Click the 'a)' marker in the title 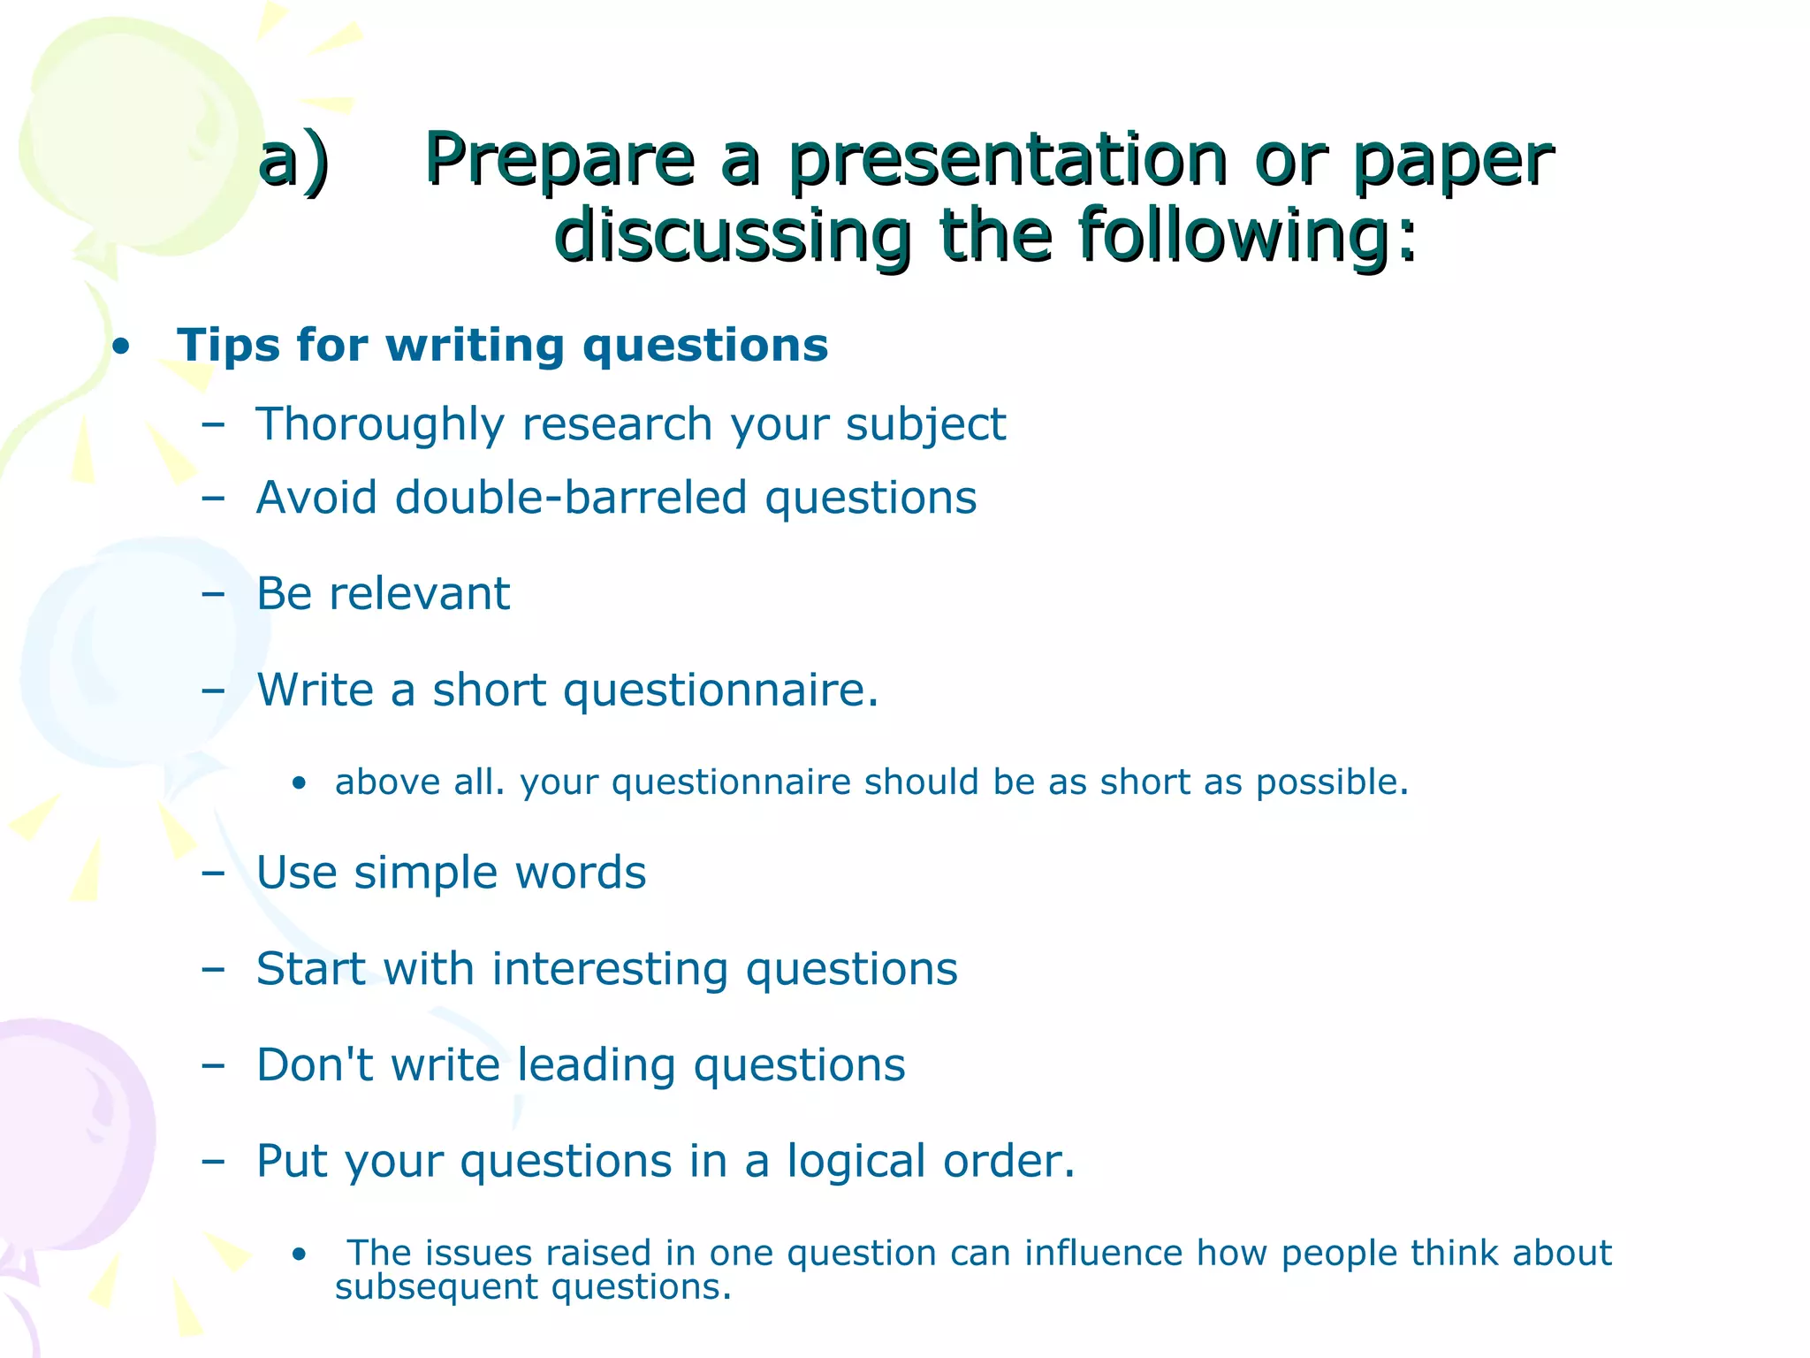(293, 161)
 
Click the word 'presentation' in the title (1008, 161)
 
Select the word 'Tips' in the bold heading (227, 345)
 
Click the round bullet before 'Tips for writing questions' (122, 347)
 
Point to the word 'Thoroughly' (380, 424)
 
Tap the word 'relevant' (419, 593)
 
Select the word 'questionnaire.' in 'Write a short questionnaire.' (720, 690)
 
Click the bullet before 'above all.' (300, 783)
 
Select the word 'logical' (856, 1162)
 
